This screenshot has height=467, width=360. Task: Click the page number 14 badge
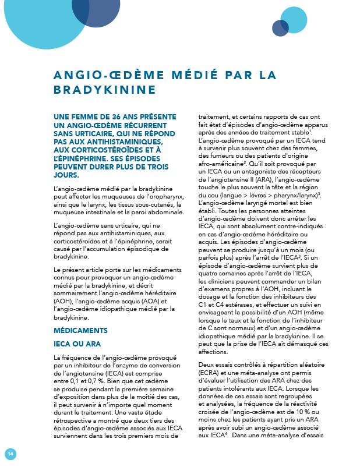click(10, 454)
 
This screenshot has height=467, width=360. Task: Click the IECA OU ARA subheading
click(77, 344)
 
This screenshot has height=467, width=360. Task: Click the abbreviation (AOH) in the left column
click(62, 302)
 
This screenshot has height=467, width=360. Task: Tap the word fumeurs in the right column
click(221, 157)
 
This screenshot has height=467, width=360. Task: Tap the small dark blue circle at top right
click(280, 29)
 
